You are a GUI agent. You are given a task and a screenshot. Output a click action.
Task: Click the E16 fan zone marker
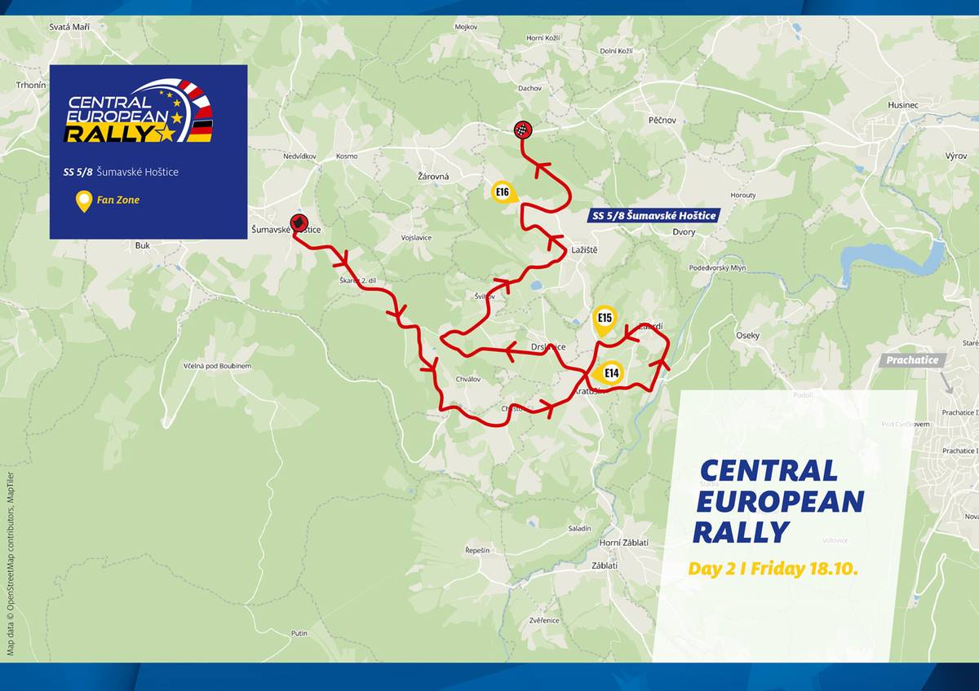click(x=503, y=193)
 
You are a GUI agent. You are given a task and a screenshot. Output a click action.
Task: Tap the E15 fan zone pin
click(x=605, y=319)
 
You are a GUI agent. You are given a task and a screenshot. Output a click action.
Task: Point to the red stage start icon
click(x=299, y=222)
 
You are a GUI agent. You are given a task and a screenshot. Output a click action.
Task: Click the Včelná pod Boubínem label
click(x=217, y=367)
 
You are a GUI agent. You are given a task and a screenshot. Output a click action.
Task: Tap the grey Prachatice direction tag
click(x=913, y=360)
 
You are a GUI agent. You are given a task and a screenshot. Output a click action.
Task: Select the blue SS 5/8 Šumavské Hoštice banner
click(x=653, y=215)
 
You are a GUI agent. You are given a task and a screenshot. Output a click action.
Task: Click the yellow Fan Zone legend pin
click(x=83, y=200)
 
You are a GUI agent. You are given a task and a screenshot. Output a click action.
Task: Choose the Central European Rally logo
click(x=140, y=112)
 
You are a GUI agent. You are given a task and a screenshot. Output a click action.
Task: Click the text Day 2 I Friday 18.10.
click(x=773, y=569)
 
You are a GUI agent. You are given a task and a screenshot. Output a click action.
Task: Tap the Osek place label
click(x=747, y=336)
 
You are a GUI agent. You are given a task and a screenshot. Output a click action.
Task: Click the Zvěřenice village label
click(x=543, y=621)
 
